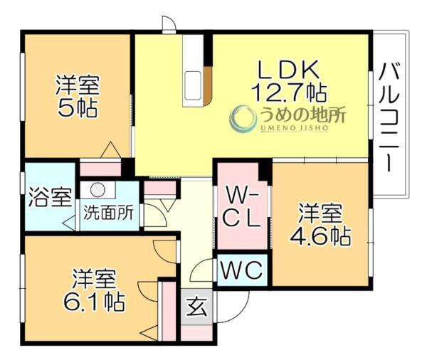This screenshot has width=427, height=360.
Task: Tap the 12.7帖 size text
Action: pos(288,92)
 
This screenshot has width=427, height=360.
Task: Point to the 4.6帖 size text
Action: pos(320,235)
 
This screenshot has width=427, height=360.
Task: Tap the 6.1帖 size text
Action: pos(93,300)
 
